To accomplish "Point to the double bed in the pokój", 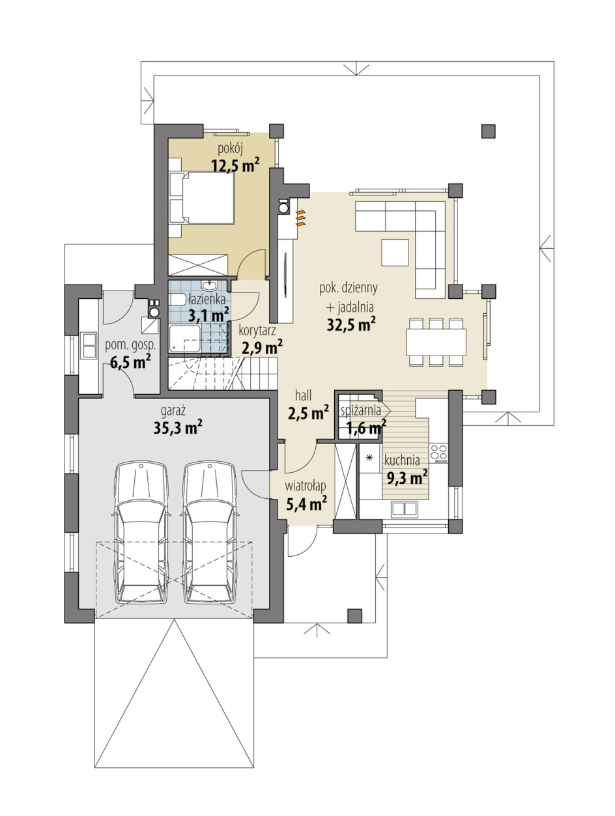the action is click(201, 197).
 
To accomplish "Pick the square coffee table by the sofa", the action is click(395, 253).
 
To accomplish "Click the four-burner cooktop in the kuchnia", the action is click(438, 453).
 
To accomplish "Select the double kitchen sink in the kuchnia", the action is click(403, 508).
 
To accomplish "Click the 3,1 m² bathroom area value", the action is click(208, 316).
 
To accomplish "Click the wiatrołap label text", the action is click(306, 486).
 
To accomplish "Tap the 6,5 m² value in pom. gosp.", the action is click(130, 361).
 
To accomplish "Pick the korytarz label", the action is click(257, 330).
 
